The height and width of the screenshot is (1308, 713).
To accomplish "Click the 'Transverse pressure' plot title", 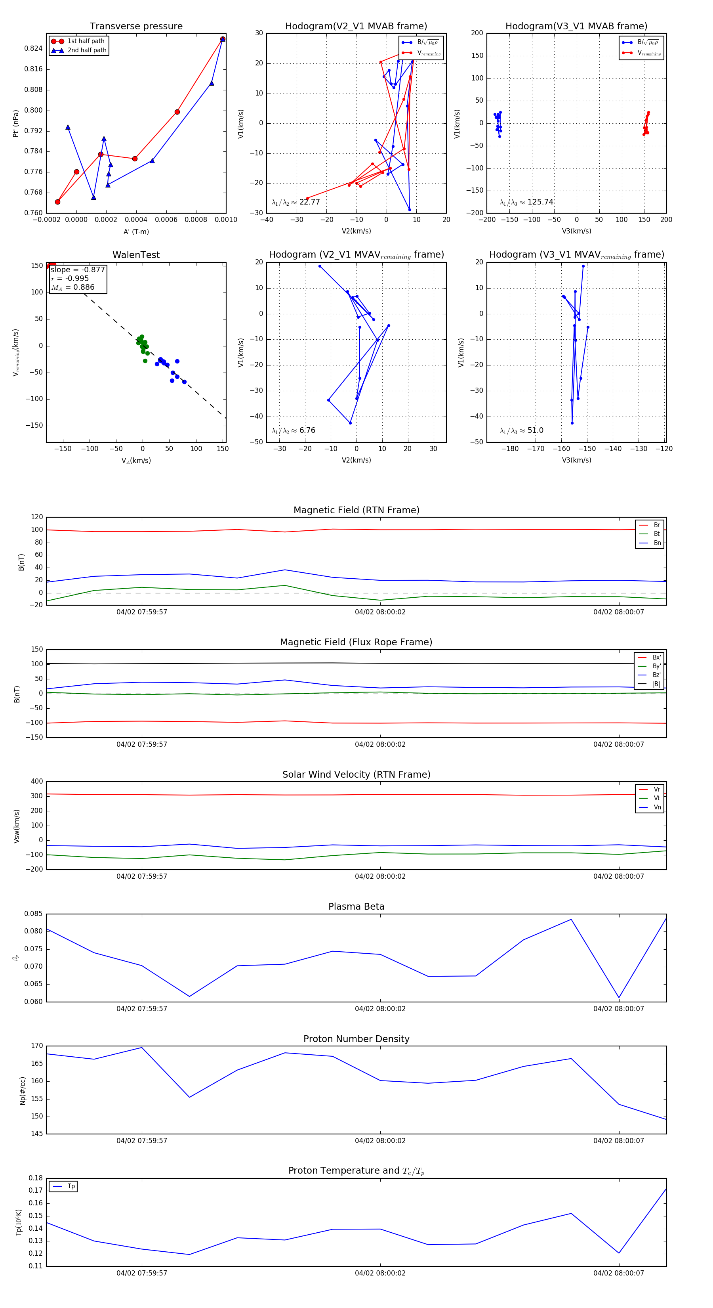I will tap(136, 27).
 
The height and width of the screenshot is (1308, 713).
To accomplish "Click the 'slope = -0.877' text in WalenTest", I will tap(78, 270).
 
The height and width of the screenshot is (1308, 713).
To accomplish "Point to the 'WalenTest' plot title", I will tap(136, 255).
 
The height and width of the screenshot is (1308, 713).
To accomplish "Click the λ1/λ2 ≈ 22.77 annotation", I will tap(296, 202).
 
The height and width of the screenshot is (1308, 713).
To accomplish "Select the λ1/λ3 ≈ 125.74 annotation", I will tap(526, 202).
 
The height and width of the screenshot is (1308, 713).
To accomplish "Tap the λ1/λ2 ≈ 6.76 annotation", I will tap(293, 430).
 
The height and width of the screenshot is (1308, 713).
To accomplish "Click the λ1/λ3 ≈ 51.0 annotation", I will tap(521, 430).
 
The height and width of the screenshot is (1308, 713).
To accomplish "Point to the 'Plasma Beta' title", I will tap(356, 906).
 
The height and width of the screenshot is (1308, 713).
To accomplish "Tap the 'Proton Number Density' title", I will tap(356, 1039).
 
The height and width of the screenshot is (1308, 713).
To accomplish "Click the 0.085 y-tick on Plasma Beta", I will tap(34, 914).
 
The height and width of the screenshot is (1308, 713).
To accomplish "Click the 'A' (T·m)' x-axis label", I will tap(136, 231).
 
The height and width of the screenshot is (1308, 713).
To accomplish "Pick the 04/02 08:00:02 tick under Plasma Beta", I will tap(380, 1009).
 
